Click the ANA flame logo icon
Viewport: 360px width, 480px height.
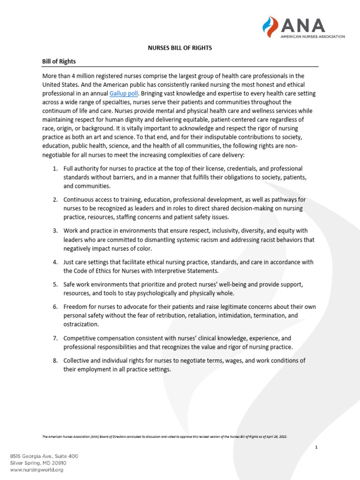[271, 27]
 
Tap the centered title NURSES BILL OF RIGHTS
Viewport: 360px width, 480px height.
[180, 48]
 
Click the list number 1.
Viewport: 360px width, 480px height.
[55, 168]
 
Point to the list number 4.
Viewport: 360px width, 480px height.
[55, 262]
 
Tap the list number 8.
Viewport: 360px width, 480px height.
[55, 360]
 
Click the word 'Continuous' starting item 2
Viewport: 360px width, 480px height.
[79, 200]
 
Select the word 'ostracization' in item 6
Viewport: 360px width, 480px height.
[81, 324]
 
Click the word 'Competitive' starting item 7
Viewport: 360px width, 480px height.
[81, 338]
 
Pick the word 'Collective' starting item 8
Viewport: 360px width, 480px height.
[77, 360]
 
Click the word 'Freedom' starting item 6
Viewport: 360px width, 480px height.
[75, 307]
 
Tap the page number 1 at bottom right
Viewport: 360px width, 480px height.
[316, 448]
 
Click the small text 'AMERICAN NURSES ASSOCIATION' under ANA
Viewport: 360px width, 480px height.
[313, 36]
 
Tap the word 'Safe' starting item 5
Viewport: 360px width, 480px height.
[70, 285]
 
